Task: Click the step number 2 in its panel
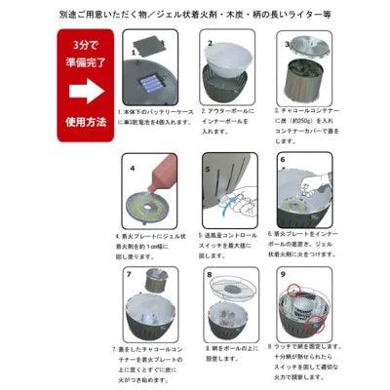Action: tap(209, 43)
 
